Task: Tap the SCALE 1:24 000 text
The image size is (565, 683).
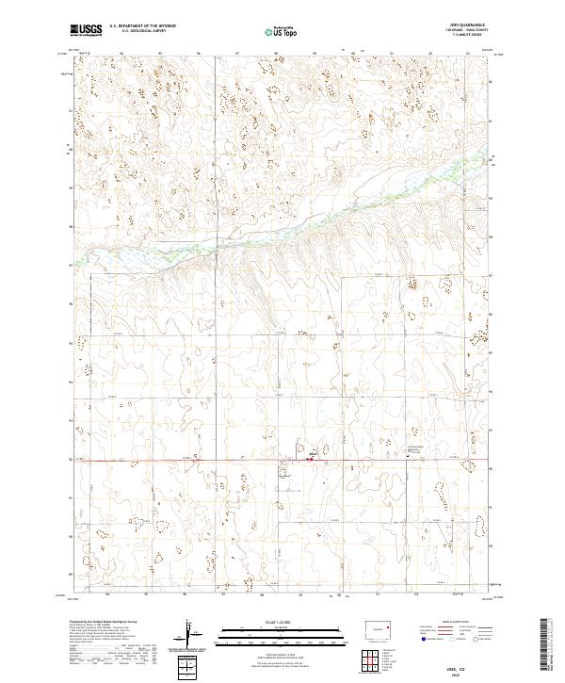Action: pos(282,622)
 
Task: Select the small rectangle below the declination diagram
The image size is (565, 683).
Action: pos(189,668)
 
